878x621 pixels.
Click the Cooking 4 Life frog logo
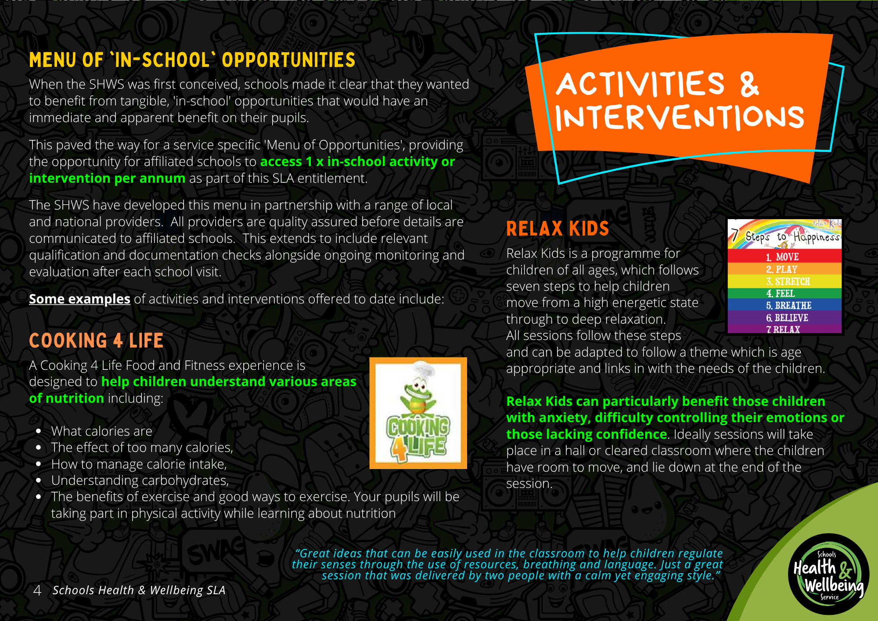pos(418,413)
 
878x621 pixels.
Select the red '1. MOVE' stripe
pos(784,256)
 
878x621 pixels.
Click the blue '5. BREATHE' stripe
pos(784,305)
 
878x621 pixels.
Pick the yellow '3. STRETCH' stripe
pos(784,281)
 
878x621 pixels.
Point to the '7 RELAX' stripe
pos(784,329)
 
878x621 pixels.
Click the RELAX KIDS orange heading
pos(558,229)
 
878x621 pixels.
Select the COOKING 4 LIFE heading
pos(96,341)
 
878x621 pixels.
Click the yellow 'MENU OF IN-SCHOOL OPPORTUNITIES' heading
pos(192,60)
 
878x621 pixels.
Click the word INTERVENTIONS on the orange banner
pos(680,118)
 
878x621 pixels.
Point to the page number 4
pos(37,590)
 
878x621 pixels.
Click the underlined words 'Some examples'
pos(79,299)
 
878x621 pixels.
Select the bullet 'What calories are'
pos(101,431)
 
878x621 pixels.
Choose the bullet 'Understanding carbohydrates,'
pos(140,480)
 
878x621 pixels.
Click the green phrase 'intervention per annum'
pos(107,178)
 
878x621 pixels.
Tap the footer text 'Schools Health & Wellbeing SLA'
pos(139,590)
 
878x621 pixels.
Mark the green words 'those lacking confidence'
pos(587,434)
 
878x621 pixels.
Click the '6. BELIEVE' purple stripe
pos(784,317)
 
